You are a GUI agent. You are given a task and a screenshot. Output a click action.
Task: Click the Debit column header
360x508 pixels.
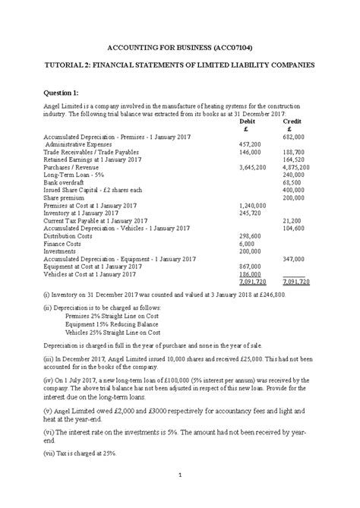pyautogui.click(x=247, y=121)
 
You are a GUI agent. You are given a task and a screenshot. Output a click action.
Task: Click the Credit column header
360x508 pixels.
pyautogui.click(x=292, y=121)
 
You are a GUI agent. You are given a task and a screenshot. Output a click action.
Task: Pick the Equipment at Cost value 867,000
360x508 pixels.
pyautogui.click(x=250, y=267)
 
